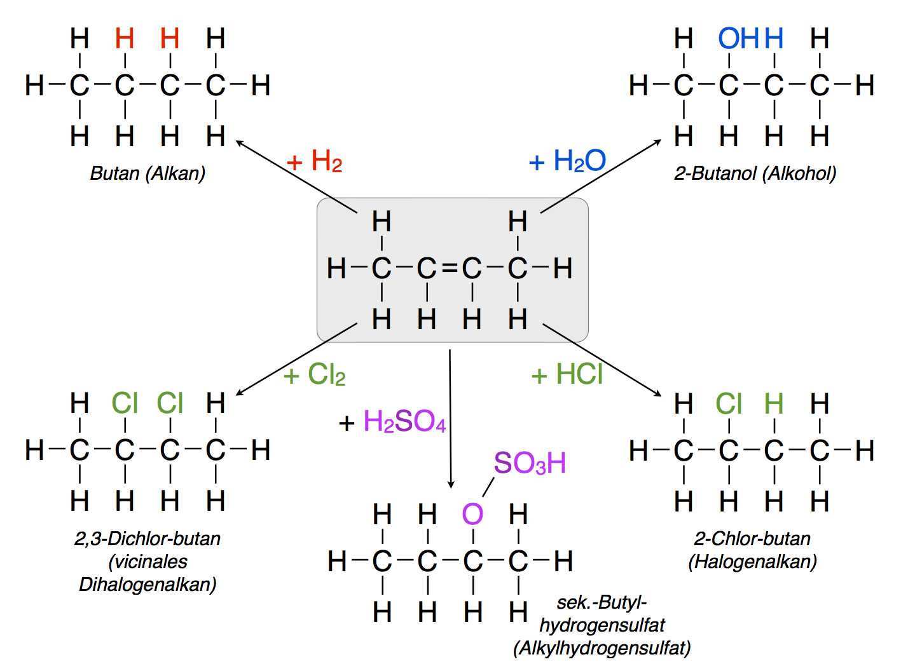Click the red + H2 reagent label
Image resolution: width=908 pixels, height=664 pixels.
tap(315, 163)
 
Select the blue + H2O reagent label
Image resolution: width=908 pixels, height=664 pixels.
tap(567, 161)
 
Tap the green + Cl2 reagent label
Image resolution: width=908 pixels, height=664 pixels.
tap(315, 376)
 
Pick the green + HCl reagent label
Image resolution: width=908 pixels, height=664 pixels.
tap(567, 375)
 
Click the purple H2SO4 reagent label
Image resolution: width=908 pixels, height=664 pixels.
tap(404, 422)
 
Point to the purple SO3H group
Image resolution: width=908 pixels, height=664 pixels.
tap(530, 464)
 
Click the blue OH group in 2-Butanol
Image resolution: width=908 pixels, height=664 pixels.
tap(738, 39)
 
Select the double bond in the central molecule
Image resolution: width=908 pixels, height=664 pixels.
tap(449, 269)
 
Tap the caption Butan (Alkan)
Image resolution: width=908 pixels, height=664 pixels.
tap(148, 173)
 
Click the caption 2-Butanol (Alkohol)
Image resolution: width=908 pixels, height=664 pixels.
tap(755, 173)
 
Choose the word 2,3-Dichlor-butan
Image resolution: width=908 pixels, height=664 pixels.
tap(148, 539)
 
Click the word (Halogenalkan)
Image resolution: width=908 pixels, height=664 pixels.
tap(752, 562)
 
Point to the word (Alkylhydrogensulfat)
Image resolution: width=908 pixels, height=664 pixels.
tap(602, 648)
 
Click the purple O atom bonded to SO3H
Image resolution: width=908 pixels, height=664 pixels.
tap(472, 513)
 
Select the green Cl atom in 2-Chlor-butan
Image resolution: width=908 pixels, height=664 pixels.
tap(729, 403)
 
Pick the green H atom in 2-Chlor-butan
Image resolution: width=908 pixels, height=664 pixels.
tap(774, 403)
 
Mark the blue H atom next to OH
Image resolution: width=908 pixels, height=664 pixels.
tap(774, 39)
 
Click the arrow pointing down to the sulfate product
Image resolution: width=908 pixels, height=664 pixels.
tap(450, 419)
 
